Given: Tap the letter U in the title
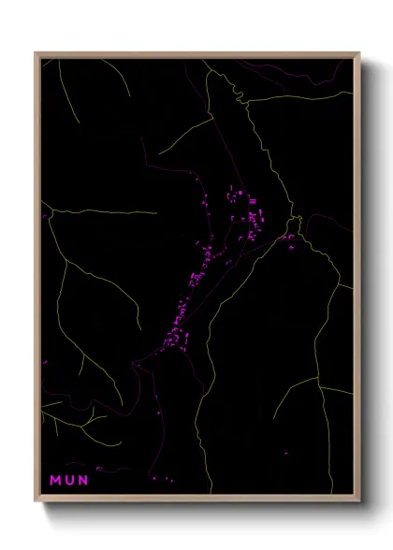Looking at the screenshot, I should point(70,480).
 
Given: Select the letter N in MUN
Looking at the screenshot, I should point(83,480).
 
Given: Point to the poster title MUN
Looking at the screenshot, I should point(70,480).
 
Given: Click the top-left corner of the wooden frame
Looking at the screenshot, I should point(36,53).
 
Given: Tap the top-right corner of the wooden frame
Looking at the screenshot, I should point(359,53).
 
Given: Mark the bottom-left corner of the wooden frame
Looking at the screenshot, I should point(36,501).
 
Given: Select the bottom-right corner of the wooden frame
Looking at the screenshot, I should point(359,501).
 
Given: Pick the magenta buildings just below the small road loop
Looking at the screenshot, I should point(289,239).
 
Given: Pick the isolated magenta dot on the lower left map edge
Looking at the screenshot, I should point(44,360).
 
